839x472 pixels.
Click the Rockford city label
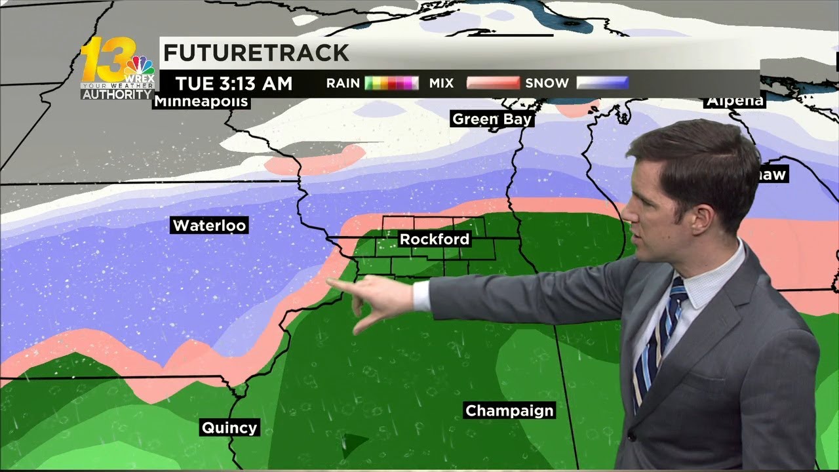(x=435, y=239)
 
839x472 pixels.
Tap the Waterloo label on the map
(x=209, y=226)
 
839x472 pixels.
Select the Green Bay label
(x=492, y=119)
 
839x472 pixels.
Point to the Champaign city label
(x=509, y=411)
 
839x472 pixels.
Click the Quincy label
(x=229, y=428)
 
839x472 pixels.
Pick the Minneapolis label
(x=201, y=102)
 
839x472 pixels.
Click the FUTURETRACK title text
(x=256, y=53)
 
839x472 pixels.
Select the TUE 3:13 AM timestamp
(x=233, y=84)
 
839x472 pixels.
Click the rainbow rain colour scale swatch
(x=391, y=83)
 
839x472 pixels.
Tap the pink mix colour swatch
(x=493, y=83)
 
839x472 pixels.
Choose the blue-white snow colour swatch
(x=602, y=83)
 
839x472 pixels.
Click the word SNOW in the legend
(x=547, y=83)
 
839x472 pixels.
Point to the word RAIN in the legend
(x=343, y=83)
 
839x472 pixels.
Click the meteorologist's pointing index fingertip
(x=329, y=282)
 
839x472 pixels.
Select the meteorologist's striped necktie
(x=658, y=334)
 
